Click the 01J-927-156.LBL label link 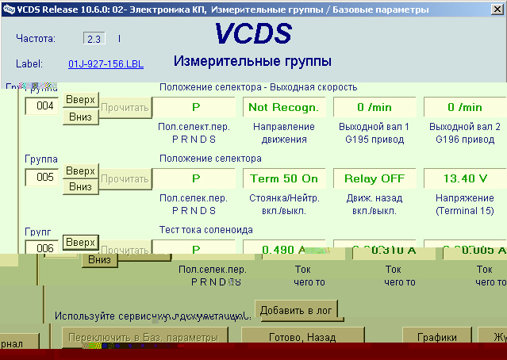(x=106, y=63)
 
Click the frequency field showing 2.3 (x=93, y=38)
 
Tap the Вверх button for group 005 (x=80, y=171)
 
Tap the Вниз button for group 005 (x=80, y=186)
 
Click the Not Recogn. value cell (x=282, y=107)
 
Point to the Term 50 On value (x=282, y=178)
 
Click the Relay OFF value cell (x=371, y=178)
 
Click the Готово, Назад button (x=302, y=337)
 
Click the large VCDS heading (x=252, y=33)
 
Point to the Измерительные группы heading (x=252, y=61)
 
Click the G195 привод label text (x=371, y=140)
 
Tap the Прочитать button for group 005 (x=125, y=178)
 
